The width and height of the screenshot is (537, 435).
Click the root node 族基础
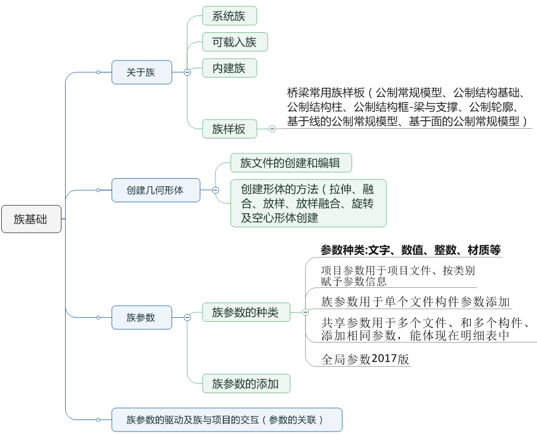pyautogui.click(x=31, y=219)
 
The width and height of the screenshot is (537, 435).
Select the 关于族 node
pyautogui.click(x=142, y=72)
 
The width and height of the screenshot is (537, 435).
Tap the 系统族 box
pyautogui.click(x=229, y=16)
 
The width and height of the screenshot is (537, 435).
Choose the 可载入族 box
pyautogui.click(x=235, y=42)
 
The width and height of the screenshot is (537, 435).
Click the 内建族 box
pyautogui.click(x=229, y=68)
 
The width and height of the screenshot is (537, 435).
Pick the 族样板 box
pyautogui.click(x=229, y=129)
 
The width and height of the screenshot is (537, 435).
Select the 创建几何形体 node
pyautogui.click(x=155, y=190)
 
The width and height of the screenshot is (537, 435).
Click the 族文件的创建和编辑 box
pyautogui.click(x=291, y=163)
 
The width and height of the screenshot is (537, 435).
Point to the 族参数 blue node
pyautogui.click(x=142, y=317)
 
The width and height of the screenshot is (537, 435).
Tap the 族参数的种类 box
pyautogui.click(x=246, y=312)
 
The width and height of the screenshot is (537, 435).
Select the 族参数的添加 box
pyautogui.click(x=246, y=383)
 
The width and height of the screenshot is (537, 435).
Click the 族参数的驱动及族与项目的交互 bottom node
pyautogui.click(x=227, y=420)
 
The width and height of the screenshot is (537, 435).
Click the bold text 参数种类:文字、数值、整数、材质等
pyautogui.click(x=410, y=250)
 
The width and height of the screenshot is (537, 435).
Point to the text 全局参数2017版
pyautogui.click(x=365, y=360)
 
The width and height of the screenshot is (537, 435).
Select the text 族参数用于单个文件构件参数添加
pyautogui.click(x=416, y=302)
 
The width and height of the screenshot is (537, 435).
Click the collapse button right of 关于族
pyautogui.click(x=187, y=72)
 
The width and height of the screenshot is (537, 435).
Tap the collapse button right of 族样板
pyautogui.click(x=272, y=129)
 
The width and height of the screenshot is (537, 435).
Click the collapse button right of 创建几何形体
pyautogui.click(x=215, y=190)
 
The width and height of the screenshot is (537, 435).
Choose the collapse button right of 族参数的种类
pyautogui.click(x=306, y=312)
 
